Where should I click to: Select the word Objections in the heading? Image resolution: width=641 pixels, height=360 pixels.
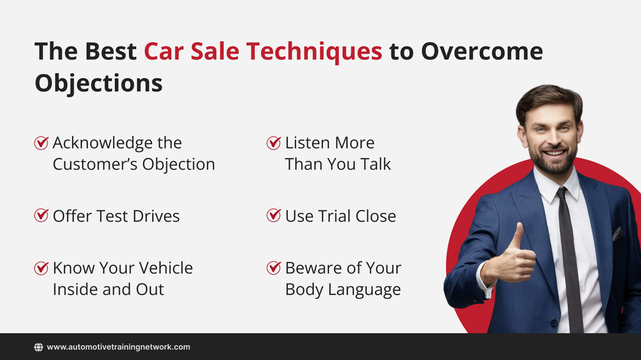pyautogui.click(x=98, y=83)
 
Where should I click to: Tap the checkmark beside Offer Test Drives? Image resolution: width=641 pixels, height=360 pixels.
pyautogui.click(x=41, y=216)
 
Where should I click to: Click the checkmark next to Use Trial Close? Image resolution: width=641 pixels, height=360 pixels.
pyautogui.click(x=274, y=216)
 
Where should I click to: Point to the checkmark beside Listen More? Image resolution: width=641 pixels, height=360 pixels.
pyautogui.click(x=274, y=143)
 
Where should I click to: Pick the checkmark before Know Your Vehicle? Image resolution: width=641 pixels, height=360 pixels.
pyautogui.click(x=41, y=268)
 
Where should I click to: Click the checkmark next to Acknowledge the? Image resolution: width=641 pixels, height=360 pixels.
pyautogui.click(x=41, y=143)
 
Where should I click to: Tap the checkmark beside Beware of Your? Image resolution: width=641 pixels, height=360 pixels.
pyautogui.click(x=274, y=268)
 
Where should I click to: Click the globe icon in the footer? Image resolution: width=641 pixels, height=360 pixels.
pyautogui.click(x=38, y=347)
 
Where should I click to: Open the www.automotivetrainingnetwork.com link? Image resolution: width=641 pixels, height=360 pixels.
pyautogui.click(x=119, y=347)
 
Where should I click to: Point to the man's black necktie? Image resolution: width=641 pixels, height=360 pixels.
pyautogui.click(x=569, y=256)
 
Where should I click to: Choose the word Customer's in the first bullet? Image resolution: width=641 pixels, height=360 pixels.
pyautogui.click(x=94, y=165)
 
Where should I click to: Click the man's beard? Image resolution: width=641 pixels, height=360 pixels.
pyautogui.click(x=553, y=162)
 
